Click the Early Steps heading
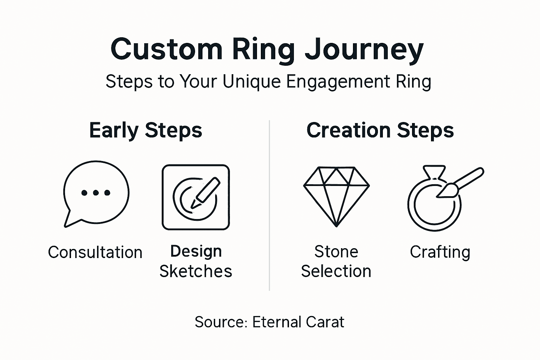[x=146, y=130]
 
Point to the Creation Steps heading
[x=380, y=130]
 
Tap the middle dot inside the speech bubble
[x=96, y=193]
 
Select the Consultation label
[x=95, y=252]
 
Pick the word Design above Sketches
[x=196, y=251]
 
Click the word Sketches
[x=196, y=271]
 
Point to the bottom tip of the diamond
[x=336, y=225]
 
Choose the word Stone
[x=336, y=252]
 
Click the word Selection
[x=336, y=271]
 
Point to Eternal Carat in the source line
[x=298, y=322]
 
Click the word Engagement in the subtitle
[x=338, y=82]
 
